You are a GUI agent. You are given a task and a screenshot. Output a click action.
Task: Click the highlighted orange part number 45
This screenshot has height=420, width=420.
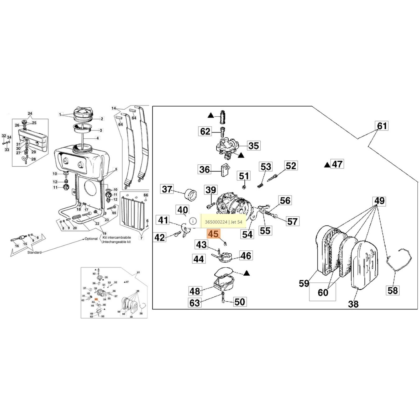(x=213, y=234)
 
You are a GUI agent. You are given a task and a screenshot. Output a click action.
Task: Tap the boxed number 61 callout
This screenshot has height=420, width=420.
(x=382, y=126)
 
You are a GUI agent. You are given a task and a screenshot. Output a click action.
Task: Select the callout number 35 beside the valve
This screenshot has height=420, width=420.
(x=254, y=146)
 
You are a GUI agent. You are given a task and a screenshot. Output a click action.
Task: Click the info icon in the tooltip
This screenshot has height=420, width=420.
(x=193, y=221)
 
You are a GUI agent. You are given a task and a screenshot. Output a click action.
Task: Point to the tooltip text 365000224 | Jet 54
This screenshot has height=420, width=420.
(x=223, y=222)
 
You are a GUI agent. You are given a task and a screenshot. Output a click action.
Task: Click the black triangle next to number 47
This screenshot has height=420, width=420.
(x=327, y=165)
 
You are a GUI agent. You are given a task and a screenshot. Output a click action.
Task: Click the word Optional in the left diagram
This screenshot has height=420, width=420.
(x=91, y=239)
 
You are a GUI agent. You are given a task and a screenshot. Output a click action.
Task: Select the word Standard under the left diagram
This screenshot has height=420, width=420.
(x=34, y=253)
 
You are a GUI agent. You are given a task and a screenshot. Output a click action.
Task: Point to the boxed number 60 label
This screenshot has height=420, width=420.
(x=323, y=292)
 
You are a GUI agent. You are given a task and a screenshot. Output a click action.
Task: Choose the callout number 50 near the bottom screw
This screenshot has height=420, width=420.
(x=239, y=302)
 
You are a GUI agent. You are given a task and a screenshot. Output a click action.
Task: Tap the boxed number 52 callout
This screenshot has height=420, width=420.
(x=291, y=166)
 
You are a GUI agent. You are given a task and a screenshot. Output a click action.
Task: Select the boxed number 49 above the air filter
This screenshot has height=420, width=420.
(x=379, y=201)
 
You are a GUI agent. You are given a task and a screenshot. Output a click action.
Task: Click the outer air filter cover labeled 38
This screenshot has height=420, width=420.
(x=365, y=265)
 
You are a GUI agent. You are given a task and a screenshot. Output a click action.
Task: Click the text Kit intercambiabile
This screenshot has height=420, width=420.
(x=117, y=237)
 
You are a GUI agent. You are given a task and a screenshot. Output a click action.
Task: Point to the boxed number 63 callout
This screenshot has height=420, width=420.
(x=195, y=303)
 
